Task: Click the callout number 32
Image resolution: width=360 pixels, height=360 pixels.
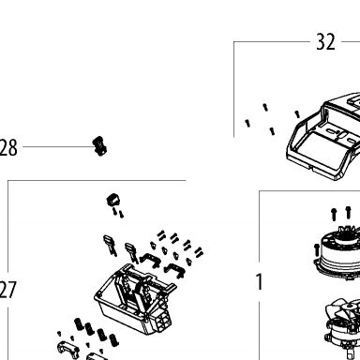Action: (x=325, y=42)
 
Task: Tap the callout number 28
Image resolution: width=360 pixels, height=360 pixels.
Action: (x=8, y=148)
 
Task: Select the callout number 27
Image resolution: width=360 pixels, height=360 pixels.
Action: (x=7, y=290)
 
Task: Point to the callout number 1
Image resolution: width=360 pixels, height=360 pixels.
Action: (x=260, y=282)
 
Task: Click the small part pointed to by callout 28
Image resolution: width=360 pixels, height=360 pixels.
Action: (x=99, y=146)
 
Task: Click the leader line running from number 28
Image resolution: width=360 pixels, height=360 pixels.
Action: (x=57, y=146)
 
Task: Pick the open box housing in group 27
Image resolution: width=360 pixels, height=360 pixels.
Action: (x=134, y=300)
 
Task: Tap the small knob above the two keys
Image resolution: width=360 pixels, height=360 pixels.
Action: (x=113, y=200)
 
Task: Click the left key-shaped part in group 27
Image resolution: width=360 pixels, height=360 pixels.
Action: (x=110, y=245)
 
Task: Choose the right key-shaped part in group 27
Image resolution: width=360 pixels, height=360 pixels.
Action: (x=131, y=252)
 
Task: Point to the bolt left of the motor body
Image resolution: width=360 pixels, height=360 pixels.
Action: (x=316, y=249)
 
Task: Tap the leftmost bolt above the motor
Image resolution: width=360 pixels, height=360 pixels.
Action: (x=334, y=215)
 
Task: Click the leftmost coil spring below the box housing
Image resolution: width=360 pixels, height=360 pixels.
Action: (x=79, y=324)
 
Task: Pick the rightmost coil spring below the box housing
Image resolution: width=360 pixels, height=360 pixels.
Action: (x=114, y=339)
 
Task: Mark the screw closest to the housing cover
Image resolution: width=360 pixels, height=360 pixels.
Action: (x=297, y=114)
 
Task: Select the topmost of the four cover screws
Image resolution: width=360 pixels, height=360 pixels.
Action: (x=265, y=107)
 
